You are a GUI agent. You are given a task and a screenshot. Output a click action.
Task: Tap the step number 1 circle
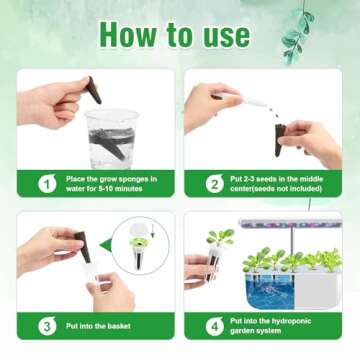[x=45, y=183]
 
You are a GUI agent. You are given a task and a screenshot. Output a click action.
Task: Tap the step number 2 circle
[x=212, y=183]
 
